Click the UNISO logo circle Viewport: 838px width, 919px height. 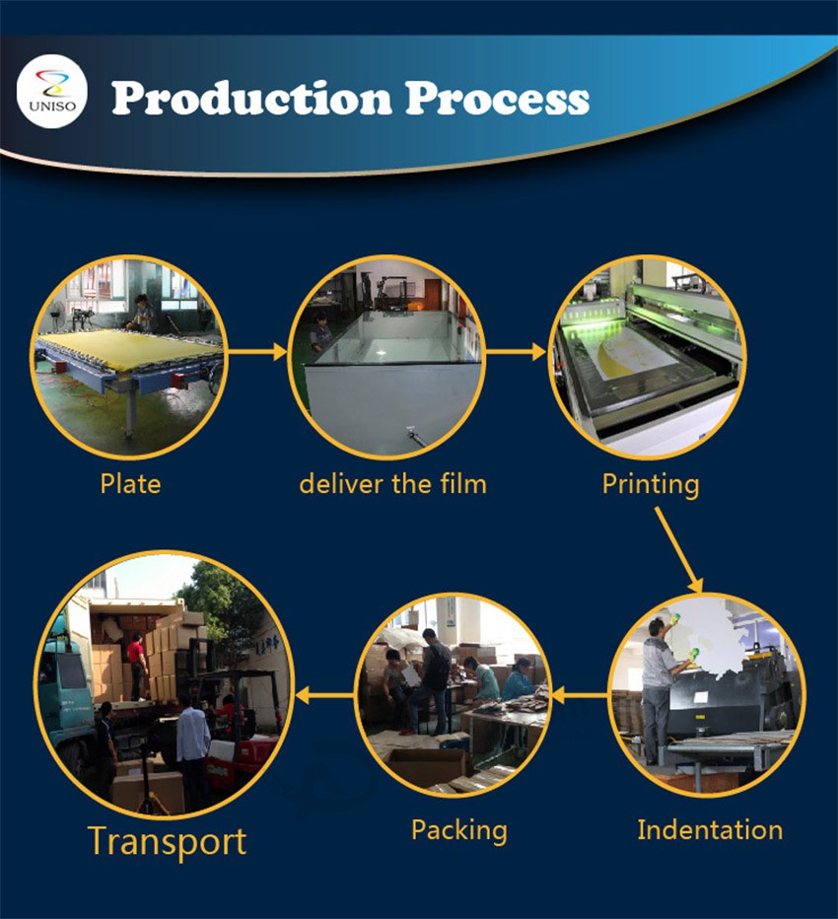tap(52, 91)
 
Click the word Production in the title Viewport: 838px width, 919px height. tap(251, 98)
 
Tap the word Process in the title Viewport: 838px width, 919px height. tap(497, 98)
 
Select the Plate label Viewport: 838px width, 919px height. tap(130, 484)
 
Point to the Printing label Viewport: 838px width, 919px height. tap(651, 485)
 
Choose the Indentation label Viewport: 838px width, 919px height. tap(710, 830)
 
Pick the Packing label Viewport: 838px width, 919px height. tap(459, 831)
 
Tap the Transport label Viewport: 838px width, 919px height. tap(167, 843)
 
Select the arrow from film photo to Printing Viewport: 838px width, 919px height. tap(515, 352)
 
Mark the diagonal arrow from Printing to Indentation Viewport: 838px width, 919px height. tap(678, 550)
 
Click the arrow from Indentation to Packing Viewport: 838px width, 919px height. tap(579, 696)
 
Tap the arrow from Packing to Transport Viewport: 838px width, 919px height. tap(324, 696)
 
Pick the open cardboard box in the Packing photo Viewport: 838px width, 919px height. tap(428, 765)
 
